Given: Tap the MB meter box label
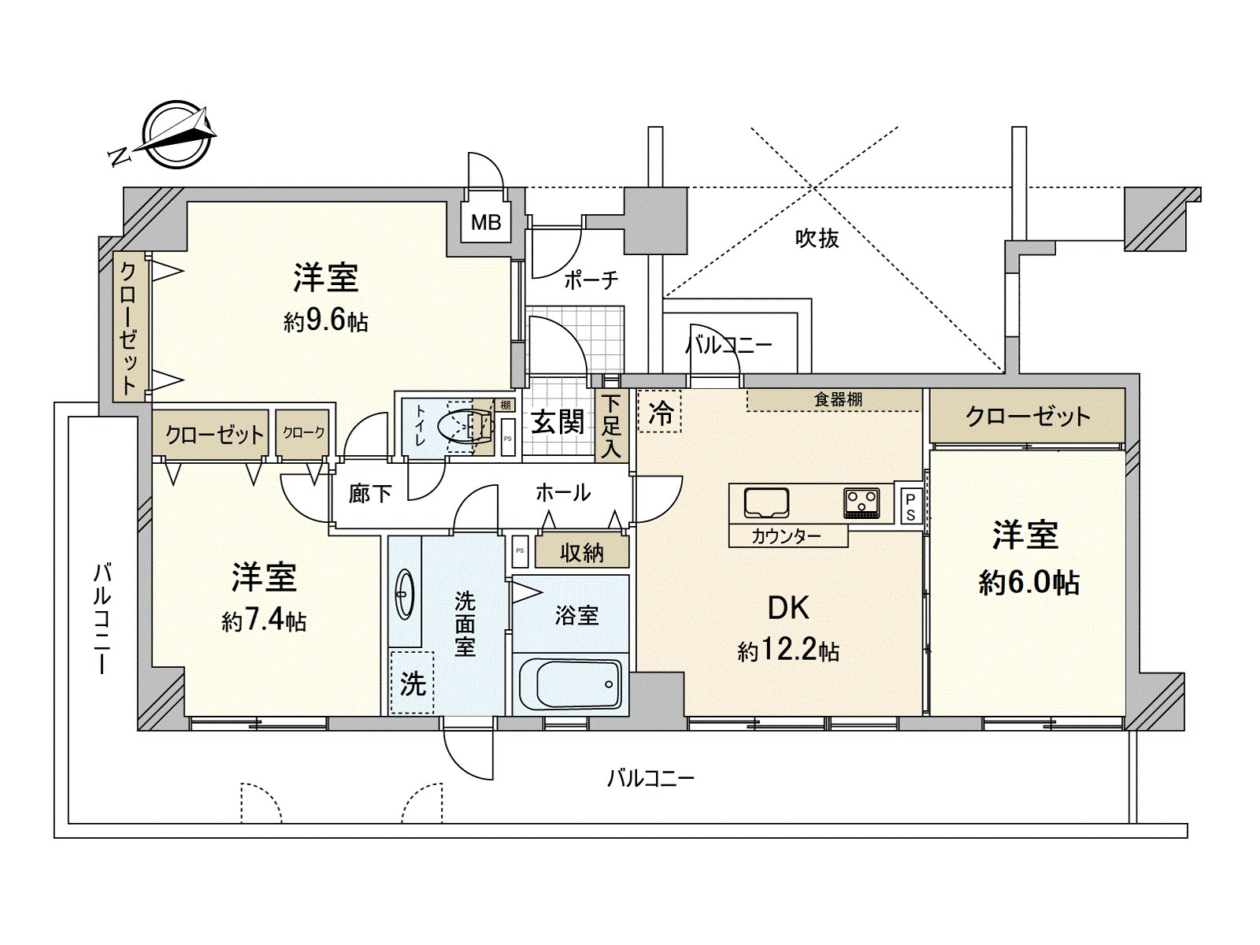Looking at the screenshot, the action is (486, 222).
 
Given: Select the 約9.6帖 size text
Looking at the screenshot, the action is (325, 322).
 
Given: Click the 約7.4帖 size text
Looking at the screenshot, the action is (264, 621).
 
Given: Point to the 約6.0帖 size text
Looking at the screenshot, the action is (1028, 583).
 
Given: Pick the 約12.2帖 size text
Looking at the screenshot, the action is (789, 651).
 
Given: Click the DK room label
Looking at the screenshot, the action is (789, 608).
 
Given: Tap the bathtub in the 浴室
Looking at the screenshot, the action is (571, 684).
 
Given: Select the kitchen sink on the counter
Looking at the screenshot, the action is (766, 503).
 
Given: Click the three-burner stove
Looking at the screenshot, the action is (861, 503).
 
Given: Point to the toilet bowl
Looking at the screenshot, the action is (465, 427).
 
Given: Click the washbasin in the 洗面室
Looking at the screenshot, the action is (405, 594).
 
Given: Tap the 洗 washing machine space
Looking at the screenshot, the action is (412, 683).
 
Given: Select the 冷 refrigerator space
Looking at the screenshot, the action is (660, 412).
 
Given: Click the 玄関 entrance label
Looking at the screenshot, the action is (558, 423).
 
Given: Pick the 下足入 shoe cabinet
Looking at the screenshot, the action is (611, 426).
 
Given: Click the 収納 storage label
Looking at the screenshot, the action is (581, 553).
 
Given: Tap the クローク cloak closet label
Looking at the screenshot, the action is (302, 432).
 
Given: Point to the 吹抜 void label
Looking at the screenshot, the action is (817, 238).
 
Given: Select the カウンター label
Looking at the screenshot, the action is (786, 536).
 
